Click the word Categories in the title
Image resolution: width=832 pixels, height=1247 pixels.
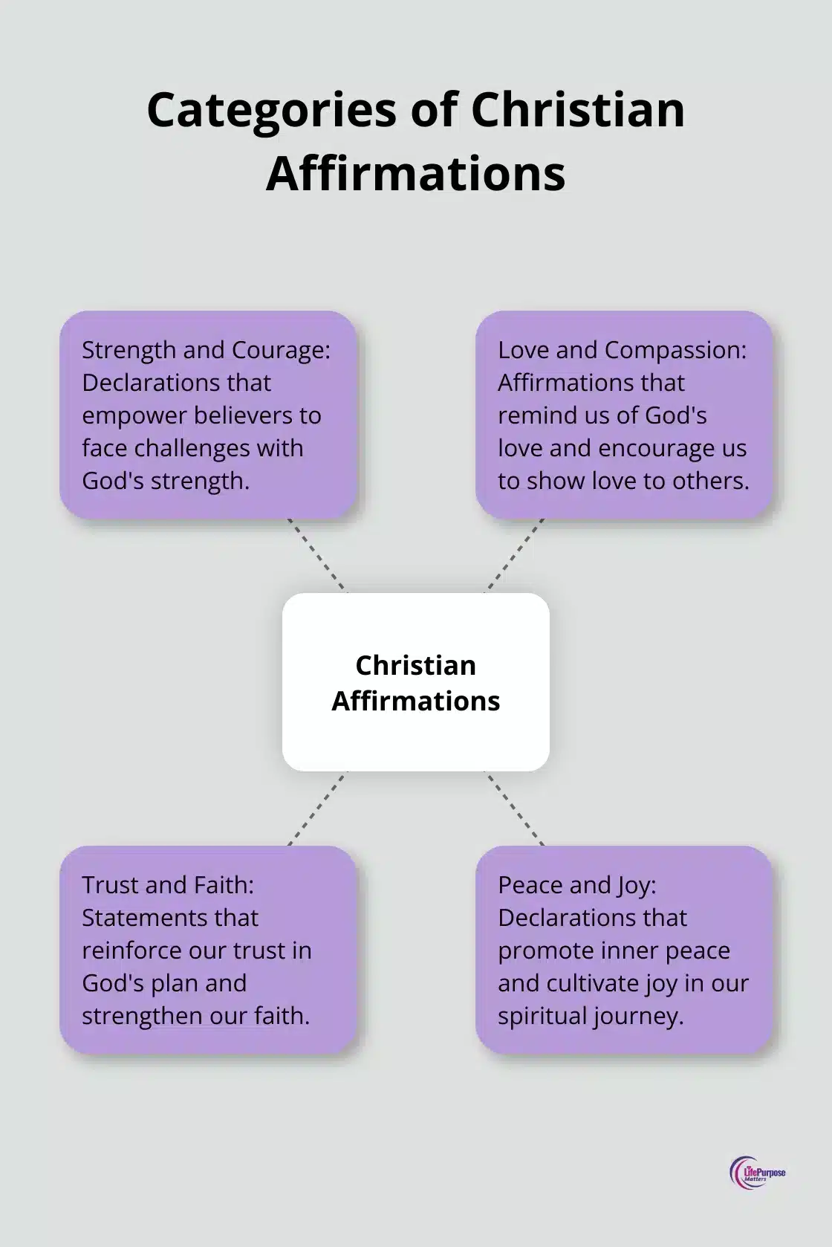pyautogui.click(x=272, y=110)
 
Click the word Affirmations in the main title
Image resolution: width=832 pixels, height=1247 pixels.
pyautogui.click(x=415, y=173)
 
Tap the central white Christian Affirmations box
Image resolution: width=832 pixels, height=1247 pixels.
pyautogui.click(x=415, y=682)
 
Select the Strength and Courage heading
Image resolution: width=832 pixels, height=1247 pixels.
pyautogui.click(x=206, y=350)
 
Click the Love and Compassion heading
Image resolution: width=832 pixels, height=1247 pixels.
pyautogui.click(x=622, y=350)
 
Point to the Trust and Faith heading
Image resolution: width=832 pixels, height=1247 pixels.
pyautogui.click(x=168, y=885)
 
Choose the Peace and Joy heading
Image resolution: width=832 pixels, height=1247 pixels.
pyautogui.click(x=577, y=885)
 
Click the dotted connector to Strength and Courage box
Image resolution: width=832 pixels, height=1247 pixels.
pyautogui.click(x=316, y=554)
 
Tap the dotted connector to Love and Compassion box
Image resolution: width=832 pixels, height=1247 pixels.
pyautogui.click(x=515, y=554)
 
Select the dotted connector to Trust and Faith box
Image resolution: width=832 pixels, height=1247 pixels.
pyautogui.click(x=317, y=809)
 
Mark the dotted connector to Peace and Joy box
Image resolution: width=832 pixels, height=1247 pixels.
pyautogui.click(x=515, y=809)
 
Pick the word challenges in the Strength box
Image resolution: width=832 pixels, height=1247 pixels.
pyautogui.click(x=193, y=448)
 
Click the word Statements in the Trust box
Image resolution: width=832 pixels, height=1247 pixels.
pyautogui.click(x=169, y=918)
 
